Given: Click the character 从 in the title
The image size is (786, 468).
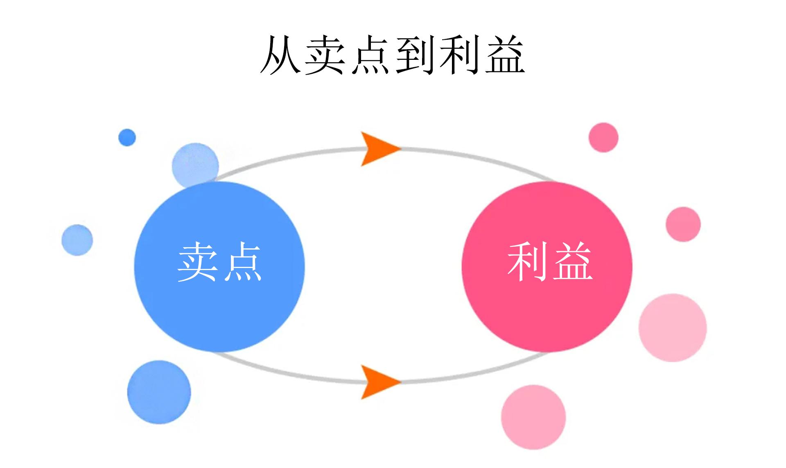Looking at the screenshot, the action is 282,55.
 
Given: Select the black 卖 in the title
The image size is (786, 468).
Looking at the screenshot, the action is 326,55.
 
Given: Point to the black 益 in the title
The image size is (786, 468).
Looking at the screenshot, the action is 504,55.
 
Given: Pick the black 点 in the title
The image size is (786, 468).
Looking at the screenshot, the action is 370,55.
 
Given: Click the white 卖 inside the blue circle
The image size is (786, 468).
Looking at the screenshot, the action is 197,261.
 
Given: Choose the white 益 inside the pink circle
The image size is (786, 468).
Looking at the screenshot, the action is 572,261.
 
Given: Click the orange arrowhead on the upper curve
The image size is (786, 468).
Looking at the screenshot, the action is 377,148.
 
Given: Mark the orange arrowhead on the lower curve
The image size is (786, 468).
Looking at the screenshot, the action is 377,382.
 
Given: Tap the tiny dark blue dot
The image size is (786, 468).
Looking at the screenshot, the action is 127,137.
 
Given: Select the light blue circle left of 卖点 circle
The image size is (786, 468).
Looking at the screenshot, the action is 77,240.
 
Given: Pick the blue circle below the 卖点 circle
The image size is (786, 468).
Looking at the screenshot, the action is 159,392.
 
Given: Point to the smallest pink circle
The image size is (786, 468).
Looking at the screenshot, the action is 603,137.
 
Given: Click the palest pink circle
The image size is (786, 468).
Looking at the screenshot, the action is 673,328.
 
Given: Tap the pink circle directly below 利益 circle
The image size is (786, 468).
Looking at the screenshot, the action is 533,417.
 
